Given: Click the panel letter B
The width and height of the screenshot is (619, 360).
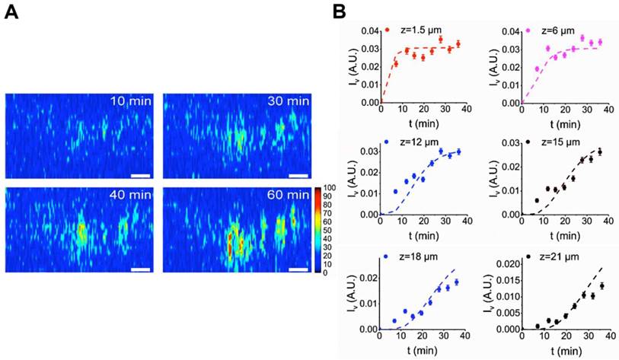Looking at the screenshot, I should click(x=340, y=12).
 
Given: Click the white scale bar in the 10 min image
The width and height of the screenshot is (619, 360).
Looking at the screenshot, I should click(x=141, y=176).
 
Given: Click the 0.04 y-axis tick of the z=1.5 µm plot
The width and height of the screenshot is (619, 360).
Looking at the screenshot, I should click(x=369, y=31).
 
